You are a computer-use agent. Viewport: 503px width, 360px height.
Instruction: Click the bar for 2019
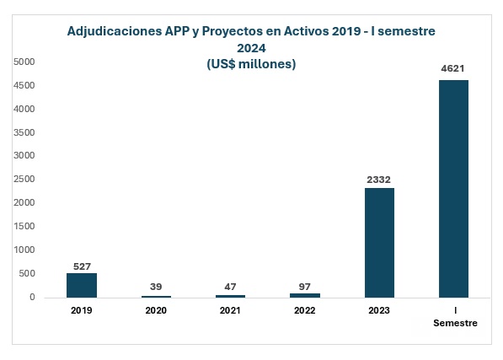[x=82, y=285]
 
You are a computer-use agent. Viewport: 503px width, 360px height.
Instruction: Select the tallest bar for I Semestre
[x=453, y=189]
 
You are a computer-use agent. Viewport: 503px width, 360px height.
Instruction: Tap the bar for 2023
[x=379, y=242]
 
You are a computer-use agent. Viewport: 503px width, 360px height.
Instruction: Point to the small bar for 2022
[x=305, y=295]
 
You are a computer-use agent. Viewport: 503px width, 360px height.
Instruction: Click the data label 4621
[x=453, y=69]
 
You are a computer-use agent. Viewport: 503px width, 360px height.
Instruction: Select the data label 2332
[x=379, y=179]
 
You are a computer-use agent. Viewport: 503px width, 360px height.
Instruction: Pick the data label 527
[x=82, y=266]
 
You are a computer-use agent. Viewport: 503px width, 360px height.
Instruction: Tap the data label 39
[x=156, y=287]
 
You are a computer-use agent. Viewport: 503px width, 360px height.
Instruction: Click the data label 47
[x=230, y=287]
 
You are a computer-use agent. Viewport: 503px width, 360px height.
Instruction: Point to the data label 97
[x=305, y=285]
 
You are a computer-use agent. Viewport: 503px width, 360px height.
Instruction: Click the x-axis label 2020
[x=156, y=310]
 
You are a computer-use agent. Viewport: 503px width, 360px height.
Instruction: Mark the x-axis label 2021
[x=230, y=310]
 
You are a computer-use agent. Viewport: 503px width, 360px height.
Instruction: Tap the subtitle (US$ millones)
[x=251, y=64]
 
